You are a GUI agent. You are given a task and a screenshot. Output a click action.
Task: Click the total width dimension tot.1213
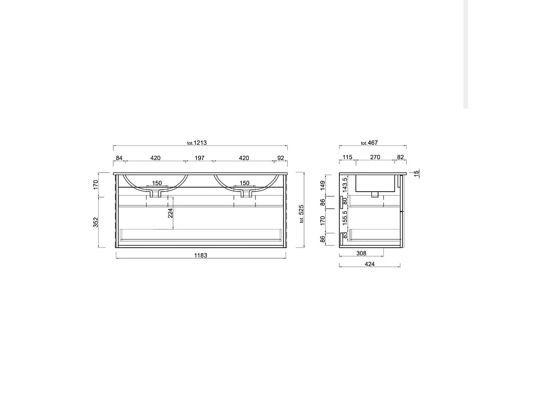[x=197, y=143]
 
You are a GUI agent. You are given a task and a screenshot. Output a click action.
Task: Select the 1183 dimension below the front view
[x=201, y=255]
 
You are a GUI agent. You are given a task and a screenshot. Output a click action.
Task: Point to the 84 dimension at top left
[x=119, y=158]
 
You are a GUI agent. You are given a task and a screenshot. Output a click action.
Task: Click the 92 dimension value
[x=280, y=158]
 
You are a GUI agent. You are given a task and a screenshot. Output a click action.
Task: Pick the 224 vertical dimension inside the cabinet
[x=170, y=214]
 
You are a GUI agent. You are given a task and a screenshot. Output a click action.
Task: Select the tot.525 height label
[x=301, y=214]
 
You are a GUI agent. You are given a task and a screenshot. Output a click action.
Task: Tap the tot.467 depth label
[x=369, y=143]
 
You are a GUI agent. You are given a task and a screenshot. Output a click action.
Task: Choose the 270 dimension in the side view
[x=375, y=157]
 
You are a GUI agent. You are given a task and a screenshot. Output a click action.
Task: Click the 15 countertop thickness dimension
[x=416, y=173]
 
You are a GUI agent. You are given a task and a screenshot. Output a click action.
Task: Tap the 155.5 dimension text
[x=345, y=217]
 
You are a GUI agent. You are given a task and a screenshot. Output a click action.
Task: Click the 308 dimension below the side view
[x=361, y=254]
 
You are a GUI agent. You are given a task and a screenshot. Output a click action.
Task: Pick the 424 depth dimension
[x=370, y=264]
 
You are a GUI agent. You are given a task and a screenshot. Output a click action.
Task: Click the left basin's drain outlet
[x=156, y=193]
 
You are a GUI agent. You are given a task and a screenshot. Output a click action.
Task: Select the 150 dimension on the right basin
[x=244, y=183]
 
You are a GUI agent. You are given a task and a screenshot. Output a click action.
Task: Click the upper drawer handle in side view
[x=342, y=201]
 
